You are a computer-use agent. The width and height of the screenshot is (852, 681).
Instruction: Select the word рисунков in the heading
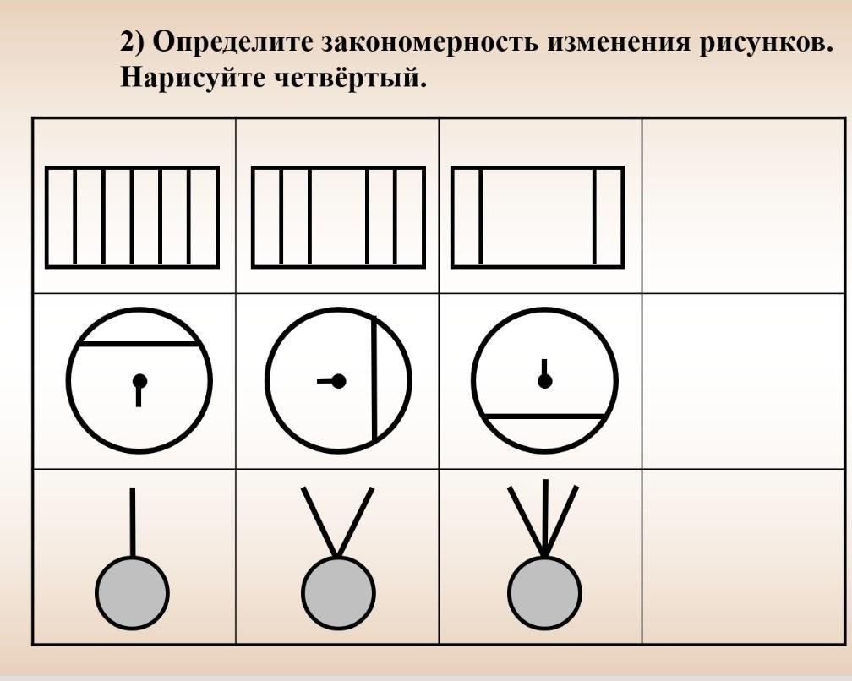(x=764, y=42)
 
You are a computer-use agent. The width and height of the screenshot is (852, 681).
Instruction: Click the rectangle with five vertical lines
(x=132, y=217)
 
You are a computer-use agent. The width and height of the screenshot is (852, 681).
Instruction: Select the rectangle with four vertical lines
(x=338, y=217)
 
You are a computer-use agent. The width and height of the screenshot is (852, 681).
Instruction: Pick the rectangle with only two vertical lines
(x=538, y=217)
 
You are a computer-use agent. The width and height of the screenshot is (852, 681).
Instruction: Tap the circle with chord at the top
(x=139, y=380)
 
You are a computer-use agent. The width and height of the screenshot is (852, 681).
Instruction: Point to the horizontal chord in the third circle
(x=545, y=417)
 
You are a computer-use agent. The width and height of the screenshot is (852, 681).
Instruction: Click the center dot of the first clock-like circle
(x=139, y=381)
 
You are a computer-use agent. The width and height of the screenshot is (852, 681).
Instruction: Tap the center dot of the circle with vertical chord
(x=339, y=381)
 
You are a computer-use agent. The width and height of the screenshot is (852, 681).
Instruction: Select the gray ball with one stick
(x=132, y=592)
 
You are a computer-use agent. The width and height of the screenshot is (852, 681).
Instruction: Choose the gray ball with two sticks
(x=338, y=592)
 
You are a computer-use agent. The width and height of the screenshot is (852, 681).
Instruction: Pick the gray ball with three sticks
(x=545, y=592)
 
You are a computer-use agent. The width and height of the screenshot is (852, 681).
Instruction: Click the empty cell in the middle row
(x=743, y=381)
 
